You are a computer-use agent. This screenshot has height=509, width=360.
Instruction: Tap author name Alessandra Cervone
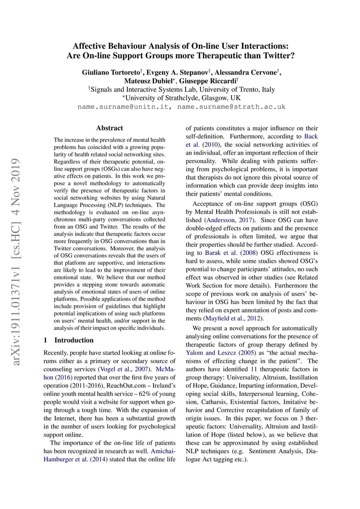pos(249,73)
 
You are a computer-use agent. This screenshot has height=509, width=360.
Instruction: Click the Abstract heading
pos(110,128)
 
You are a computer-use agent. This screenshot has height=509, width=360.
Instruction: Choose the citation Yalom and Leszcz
pos(211,353)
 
